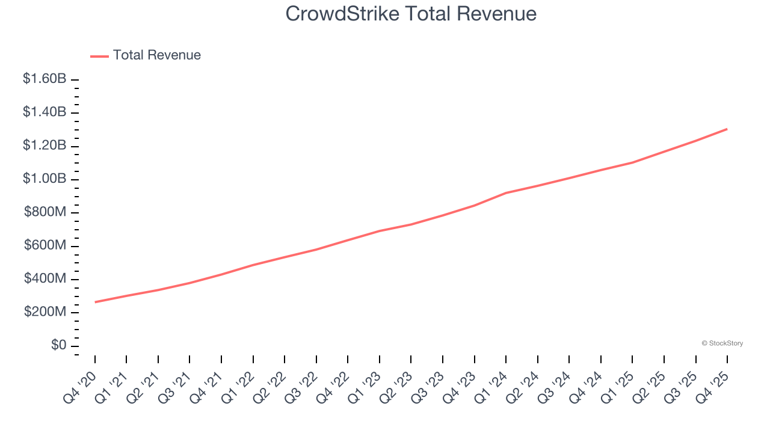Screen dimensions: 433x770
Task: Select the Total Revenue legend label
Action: click(156, 55)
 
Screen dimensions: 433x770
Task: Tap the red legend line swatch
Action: click(99, 56)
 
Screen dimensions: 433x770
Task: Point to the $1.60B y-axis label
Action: click(45, 79)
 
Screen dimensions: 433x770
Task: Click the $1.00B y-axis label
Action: click(45, 179)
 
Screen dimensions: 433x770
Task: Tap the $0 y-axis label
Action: click(59, 346)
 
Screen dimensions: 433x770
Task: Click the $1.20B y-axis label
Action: click(45, 146)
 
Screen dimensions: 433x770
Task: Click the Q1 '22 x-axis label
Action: click(237, 386)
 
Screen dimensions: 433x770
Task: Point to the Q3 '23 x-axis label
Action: click(427, 386)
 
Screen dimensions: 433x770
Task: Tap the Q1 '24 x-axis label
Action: click(490, 386)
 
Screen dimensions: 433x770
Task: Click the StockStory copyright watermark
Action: click(722, 343)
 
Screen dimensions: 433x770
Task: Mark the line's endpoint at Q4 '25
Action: click(727, 129)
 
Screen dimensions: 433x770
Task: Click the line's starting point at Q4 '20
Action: click(95, 302)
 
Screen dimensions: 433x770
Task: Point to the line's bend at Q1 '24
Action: click(506, 193)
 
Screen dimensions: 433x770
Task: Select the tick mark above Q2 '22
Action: click(285, 359)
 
